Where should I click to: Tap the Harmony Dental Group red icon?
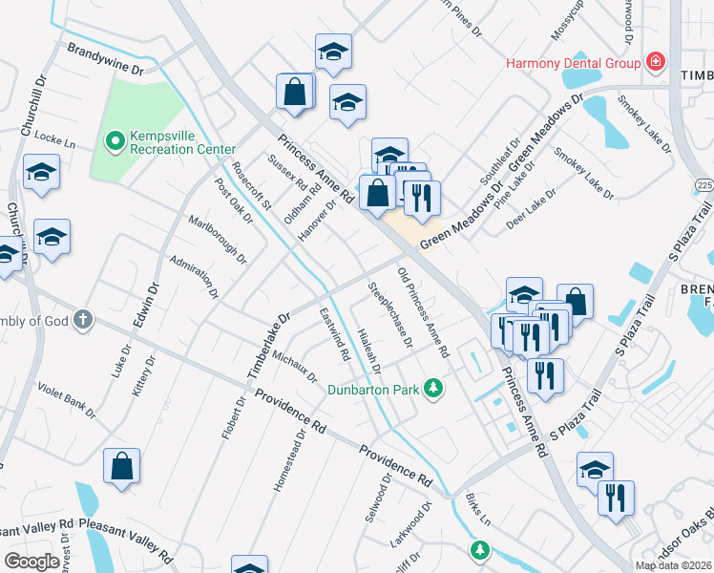coord(656,64)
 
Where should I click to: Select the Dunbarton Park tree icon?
coord(433,388)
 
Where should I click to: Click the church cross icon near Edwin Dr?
coord(82,320)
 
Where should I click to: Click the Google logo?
coord(31,562)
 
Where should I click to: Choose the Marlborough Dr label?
coord(230,244)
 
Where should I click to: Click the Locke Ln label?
coord(54,139)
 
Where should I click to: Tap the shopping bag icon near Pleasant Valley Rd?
coord(122,467)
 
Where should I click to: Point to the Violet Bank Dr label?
coord(66,401)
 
